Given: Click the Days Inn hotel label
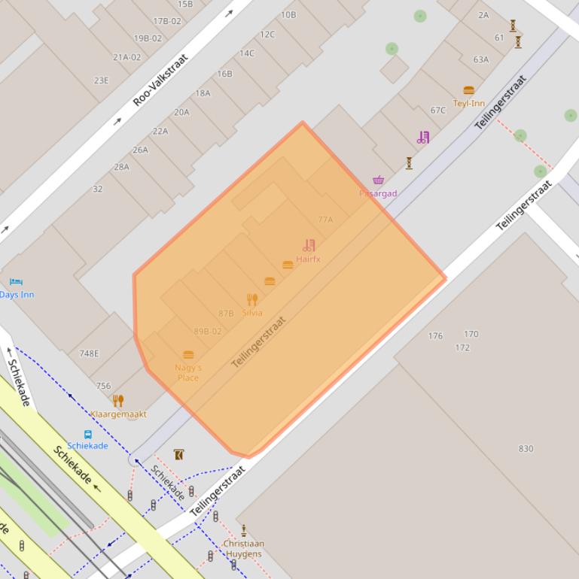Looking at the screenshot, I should click(17, 295).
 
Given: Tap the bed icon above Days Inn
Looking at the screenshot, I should click(16, 282).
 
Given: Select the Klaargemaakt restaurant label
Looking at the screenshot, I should click(118, 414).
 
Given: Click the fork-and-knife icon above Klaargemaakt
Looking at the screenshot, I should click(117, 400).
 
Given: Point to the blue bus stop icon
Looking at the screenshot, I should click(87, 434).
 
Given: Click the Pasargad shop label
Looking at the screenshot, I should click(378, 193).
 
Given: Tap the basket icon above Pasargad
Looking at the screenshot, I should click(378, 180).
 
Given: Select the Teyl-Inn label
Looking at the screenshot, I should click(468, 103).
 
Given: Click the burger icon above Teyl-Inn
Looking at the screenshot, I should click(468, 90).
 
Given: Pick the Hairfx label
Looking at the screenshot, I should click(308, 259).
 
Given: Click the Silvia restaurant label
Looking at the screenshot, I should click(252, 313).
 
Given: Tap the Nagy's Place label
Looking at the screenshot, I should click(188, 372).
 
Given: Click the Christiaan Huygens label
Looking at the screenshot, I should click(243, 549).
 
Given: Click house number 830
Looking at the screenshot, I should click(526, 449).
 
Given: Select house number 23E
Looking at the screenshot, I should click(101, 80).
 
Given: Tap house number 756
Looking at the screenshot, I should click(103, 386).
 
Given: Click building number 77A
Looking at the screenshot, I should click(325, 220).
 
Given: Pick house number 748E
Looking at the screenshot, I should click(89, 353).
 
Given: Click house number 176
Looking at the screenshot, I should click(435, 336).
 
